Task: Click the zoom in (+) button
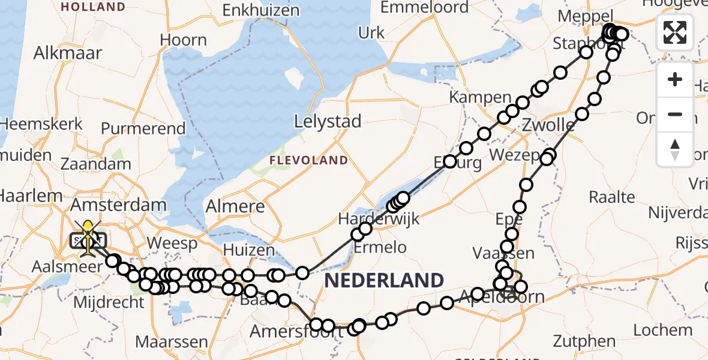point(675,80)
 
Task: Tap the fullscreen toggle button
point(675,32)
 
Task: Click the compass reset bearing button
point(675,149)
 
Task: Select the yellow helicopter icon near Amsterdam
point(88,235)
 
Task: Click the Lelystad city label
point(328,122)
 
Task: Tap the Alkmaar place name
point(68,53)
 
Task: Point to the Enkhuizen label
point(261,10)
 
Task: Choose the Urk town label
point(371,32)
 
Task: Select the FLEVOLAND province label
point(308,160)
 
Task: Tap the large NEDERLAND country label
point(385,280)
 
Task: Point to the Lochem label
point(662,329)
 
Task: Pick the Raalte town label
point(611,197)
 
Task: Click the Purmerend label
point(143,128)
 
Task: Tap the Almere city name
point(235,207)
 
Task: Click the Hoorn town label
point(183,40)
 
